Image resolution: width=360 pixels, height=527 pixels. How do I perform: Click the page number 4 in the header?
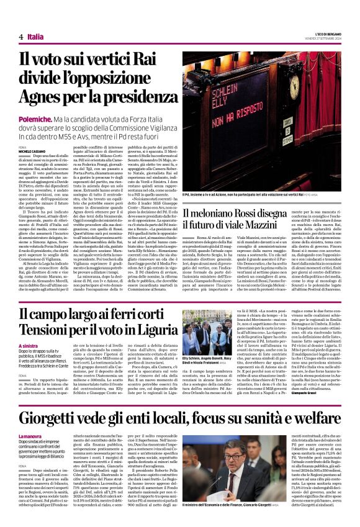22,37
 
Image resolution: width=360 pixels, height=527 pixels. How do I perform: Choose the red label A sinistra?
29,346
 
